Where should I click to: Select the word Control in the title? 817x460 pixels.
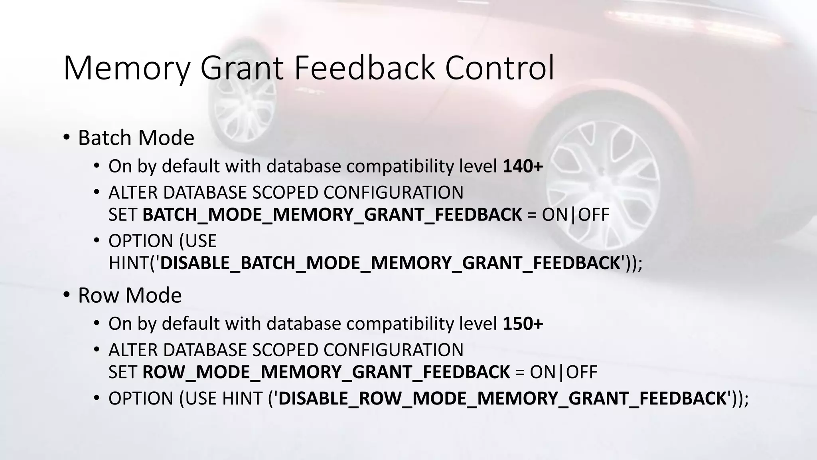click(499, 68)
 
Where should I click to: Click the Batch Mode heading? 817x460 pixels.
click(136, 138)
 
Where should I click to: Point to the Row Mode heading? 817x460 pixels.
click(130, 295)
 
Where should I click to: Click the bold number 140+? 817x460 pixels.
click(523, 166)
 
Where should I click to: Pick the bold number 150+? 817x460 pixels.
click(523, 323)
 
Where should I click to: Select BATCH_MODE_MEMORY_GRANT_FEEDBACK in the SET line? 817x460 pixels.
click(332, 215)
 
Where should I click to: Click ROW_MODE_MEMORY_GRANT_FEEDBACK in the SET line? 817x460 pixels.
click(326, 372)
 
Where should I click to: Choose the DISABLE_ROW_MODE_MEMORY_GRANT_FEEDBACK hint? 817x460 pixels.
click(502, 399)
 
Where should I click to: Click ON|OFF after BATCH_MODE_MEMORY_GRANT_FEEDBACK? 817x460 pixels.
click(576, 215)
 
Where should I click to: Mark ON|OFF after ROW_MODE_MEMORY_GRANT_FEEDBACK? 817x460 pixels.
click(564, 372)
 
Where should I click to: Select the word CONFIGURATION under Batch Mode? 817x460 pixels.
click(393, 192)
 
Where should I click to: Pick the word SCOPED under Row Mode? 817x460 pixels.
click(285, 350)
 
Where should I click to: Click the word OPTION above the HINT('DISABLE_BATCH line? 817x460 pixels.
click(140, 241)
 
